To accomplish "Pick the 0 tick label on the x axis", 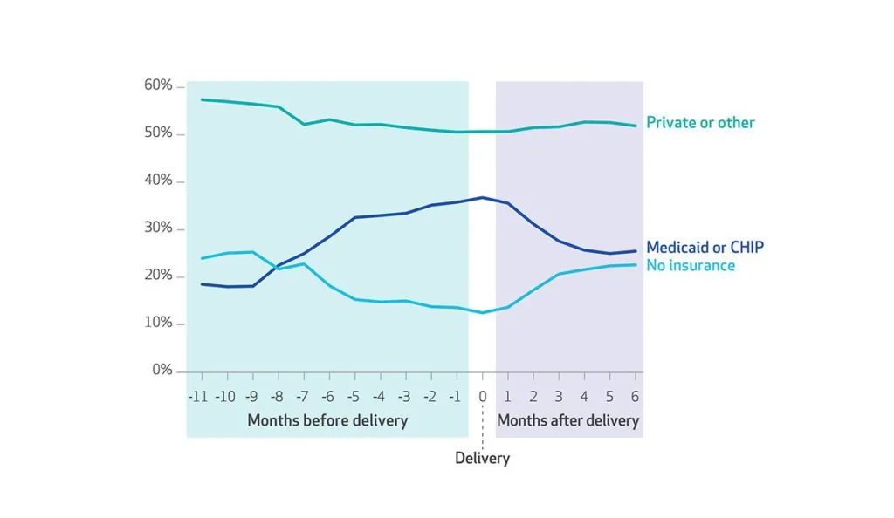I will (x=482, y=396).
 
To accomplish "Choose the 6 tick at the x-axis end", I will (x=635, y=396).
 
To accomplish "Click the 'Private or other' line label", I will (x=700, y=123).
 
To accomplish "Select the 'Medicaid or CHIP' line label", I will (x=705, y=248).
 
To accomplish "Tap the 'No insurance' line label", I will (x=691, y=265).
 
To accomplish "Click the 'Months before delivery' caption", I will (x=327, y=420).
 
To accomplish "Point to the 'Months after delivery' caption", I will (x=568, y=420).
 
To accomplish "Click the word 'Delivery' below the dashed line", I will (x=482, y=458).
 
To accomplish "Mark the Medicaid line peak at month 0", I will (x=482, y=197).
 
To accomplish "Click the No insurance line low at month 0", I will (x=482, y=312).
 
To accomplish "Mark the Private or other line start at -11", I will (x=202, y=99).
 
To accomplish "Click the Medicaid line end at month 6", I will (x=636, y=251).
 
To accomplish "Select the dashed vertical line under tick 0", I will (x=482, y=427).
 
